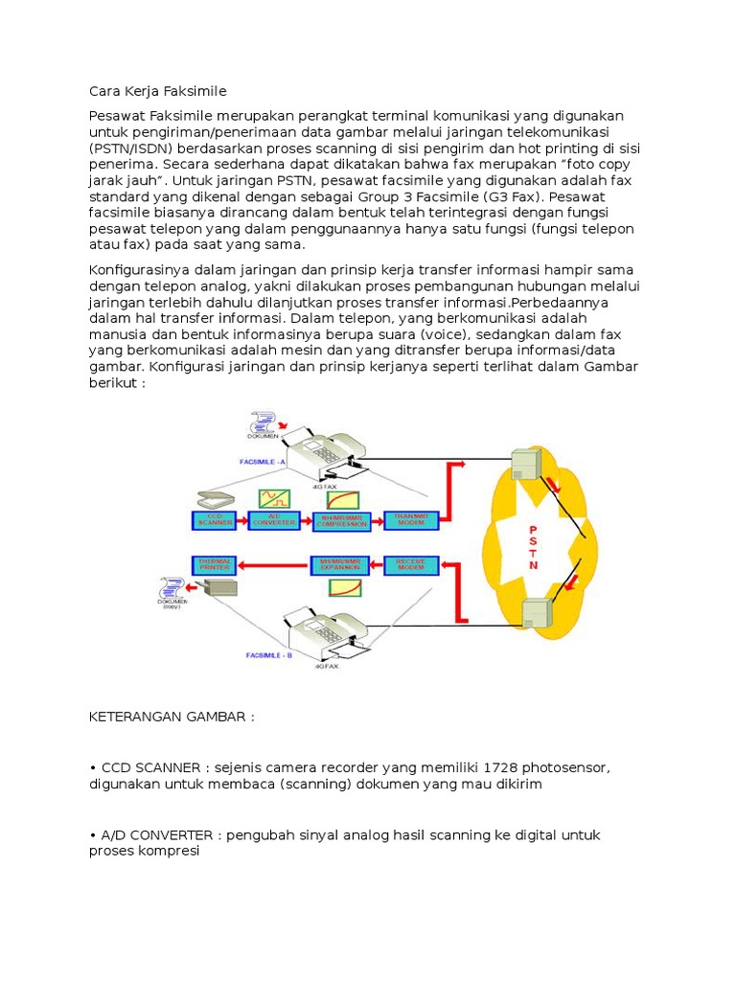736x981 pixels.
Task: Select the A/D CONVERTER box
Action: (274, 520)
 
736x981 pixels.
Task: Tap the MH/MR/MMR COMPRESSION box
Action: (343, 520)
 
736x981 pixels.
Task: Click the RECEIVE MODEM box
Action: (411, 563)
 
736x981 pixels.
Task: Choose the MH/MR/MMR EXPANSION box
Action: (343, 563)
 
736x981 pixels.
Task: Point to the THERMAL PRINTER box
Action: (215, 563)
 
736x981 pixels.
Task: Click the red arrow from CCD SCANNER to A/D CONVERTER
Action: (243, 520)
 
